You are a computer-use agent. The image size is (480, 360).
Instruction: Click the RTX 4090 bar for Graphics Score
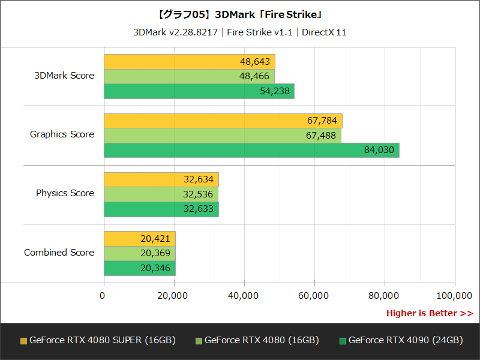(x=251, y=150)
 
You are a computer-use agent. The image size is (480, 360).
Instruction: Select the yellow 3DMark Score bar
(x=189, y=62)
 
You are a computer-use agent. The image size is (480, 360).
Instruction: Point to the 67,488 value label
(x=321, y=136)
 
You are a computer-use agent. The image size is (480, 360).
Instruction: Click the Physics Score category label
(x=65, y=193)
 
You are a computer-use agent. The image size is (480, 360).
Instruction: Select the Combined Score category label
(x=59, y=253)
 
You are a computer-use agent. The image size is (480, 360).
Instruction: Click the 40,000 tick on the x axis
(x=244, y=295)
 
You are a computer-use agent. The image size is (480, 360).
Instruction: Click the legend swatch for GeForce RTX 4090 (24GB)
(x=343, y=341)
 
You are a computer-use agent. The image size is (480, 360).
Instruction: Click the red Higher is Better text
(x=429, y=313)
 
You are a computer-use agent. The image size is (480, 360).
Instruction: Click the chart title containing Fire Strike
(x=240, y=14)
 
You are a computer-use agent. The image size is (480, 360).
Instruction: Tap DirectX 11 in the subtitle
(x=324, y=32)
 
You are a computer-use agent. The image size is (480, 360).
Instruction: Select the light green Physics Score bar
(x=161, y=194)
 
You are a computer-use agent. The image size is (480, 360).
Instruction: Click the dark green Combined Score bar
(x=139, y=268)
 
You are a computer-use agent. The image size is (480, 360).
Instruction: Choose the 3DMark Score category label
(x=64, y=76)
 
